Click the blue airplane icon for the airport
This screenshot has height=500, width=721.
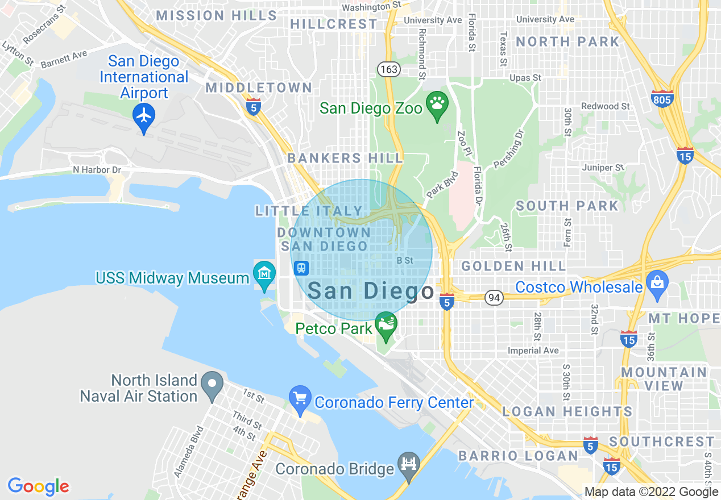pos(144,116)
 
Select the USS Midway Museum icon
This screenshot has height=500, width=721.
pos(264,274)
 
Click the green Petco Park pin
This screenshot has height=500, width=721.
pos(386,325)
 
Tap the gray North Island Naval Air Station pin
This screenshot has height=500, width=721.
pos(212,384)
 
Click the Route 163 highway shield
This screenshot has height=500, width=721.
pos(389,69)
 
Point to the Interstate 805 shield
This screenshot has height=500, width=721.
pos(662,101)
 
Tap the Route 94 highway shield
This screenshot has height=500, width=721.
pos(493,297)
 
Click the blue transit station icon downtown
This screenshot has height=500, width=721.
pos(301,268)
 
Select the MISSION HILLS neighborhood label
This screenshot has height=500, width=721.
pos(216,15)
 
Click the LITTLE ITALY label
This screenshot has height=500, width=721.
pos(309,211)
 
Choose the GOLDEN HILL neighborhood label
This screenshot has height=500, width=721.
pos(513,266)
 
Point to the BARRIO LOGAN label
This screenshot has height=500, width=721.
pos(518,456)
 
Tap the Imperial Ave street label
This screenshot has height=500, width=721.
pos(533,351)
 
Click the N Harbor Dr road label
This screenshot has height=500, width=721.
pos(97,170)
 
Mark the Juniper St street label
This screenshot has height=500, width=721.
pos(603,168)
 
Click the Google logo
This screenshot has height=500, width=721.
pos(38,486)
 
